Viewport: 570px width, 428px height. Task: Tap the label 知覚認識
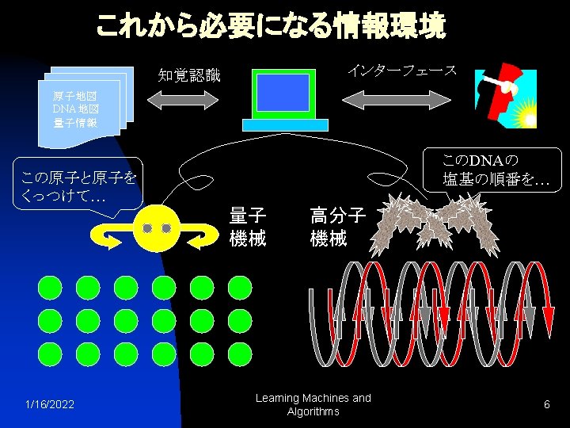tap(188, 76)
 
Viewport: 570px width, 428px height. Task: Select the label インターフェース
tap(401, 71)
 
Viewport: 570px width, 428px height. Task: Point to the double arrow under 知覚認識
tap(183, 101)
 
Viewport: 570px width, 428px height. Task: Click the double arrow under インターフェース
tap(396, 101)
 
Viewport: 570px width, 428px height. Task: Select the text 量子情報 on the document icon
tap(76, 123)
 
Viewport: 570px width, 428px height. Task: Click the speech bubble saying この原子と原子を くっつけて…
tap(75, 187)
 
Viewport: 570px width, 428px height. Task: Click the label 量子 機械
tap(248, 227)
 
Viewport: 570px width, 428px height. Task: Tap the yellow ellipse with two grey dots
tap(157, 228)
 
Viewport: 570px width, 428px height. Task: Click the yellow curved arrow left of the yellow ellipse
tap(110, 233)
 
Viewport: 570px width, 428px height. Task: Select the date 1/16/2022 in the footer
tap(50, 405)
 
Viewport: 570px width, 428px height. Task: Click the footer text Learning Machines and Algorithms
tap(313, 405)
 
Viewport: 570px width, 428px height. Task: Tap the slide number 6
tap(546, 405)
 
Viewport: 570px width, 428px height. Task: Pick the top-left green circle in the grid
tap(49, 287)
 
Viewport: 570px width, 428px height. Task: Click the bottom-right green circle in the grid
tap(239, 353)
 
